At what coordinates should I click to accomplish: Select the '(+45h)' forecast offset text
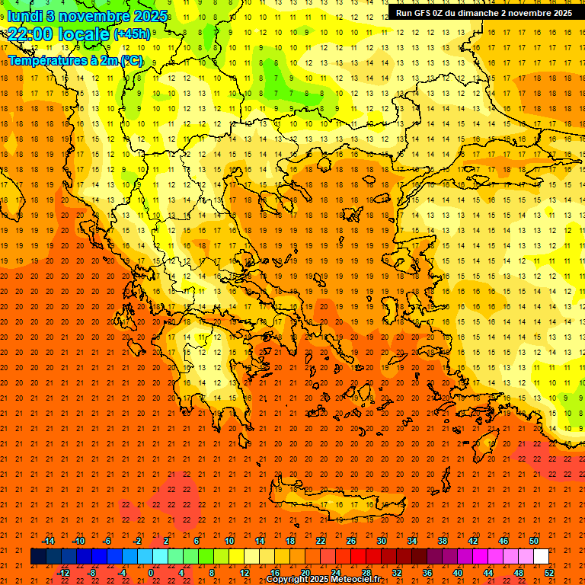pos(132,34)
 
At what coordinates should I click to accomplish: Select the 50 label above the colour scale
pos(534,541)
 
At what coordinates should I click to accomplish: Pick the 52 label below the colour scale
pos(549,572)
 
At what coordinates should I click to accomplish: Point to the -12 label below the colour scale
pos(63,572)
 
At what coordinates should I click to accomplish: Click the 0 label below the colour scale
pos(151,572)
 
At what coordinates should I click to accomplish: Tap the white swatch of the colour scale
pos(542,557)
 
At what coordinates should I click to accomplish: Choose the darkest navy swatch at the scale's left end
pos(38,557)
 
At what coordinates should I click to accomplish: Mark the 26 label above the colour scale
pos(350,541)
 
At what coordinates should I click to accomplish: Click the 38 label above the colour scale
pos(443,541)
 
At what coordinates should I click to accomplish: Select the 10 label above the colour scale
pos(229,541)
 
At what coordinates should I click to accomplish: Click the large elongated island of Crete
pos(335,503)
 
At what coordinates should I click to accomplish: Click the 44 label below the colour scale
pos(488,572)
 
